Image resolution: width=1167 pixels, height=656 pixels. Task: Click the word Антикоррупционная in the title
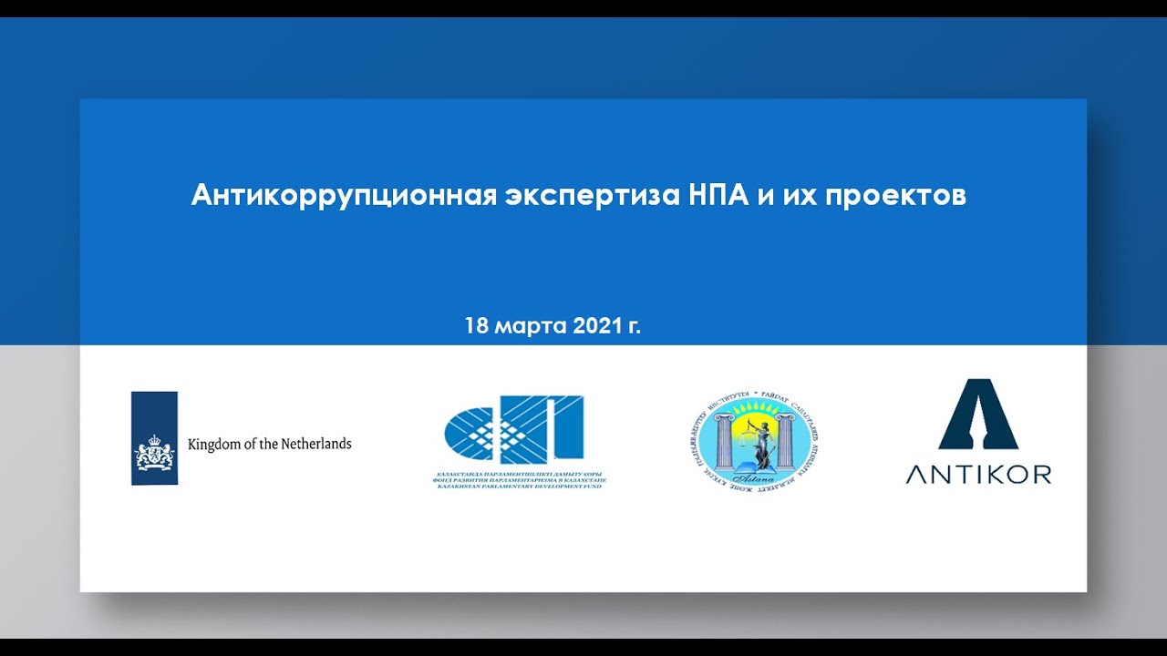pyautogui.click(x=344, y=196)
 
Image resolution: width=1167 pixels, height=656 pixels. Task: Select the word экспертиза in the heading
pyautogui.click(x=594, y=196)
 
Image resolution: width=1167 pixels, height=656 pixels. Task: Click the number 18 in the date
pyautogui.click(x=477, y=326)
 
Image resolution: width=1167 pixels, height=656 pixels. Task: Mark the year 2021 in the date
pyautogui.click(x=597, y=326)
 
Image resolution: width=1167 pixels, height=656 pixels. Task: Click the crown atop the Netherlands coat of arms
pyautogui.click(x=154, y=438)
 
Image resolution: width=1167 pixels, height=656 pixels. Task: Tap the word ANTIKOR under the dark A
pyautogui.click(x=978, y=474)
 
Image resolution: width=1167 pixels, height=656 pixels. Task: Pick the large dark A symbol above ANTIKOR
pyautogui.click(x=978, y=415)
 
